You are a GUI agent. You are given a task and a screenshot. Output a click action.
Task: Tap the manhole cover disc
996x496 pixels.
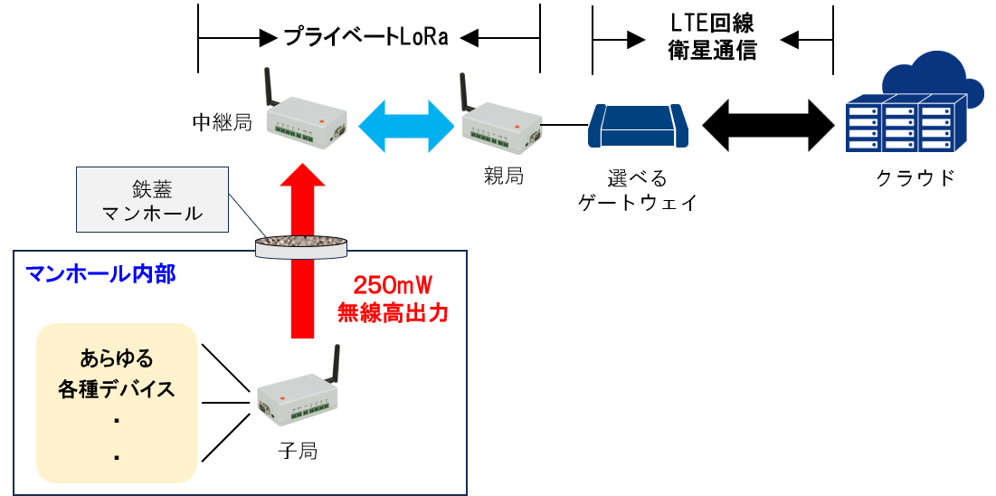[x=301, y=244]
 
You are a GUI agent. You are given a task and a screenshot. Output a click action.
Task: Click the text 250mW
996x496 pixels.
[x=392, y=286]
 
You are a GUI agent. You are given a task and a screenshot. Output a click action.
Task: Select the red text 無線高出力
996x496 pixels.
[x=392, y=313]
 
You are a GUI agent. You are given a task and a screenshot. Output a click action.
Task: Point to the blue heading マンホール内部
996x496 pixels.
[x=100, y=274]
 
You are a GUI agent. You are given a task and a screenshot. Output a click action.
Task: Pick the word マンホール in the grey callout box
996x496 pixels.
[x=151, y=215]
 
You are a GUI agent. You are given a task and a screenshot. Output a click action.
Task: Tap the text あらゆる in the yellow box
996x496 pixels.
[x=116, y=357]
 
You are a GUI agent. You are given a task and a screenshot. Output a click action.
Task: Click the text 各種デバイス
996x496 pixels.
[x=116, y=390]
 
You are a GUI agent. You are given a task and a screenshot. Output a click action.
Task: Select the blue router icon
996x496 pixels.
[x=638, y=126]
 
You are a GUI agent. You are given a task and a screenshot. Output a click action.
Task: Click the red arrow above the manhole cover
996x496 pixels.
[x=301, y=201]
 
